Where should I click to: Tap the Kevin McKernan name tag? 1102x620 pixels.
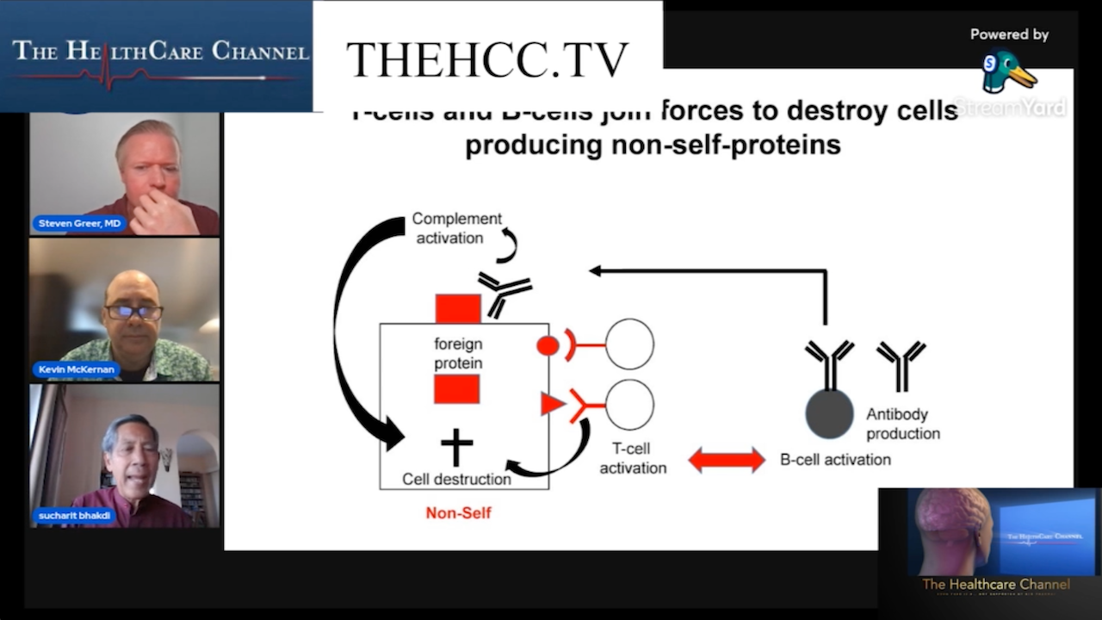[77, 369]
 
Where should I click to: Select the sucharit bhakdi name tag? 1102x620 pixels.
[77, 515]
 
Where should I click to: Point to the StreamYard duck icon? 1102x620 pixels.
[1007, 72]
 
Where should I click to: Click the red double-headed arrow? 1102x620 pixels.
[726, 460]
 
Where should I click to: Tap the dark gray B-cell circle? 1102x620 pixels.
[829, 414]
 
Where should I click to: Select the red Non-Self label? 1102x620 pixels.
[458, 513]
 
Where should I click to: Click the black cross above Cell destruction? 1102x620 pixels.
[456, 448]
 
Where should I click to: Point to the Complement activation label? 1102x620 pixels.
[455, 228]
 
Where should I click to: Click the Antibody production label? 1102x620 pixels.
[902, 424]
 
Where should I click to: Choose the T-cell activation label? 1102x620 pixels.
[633, 458]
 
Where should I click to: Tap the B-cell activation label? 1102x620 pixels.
[835, 460]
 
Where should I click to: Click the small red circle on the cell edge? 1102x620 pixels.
[548, 345]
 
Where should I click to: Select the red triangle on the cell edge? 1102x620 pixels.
[551, 404]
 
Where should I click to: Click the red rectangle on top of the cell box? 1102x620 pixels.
[457, 308]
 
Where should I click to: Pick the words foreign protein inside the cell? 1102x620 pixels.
[457, 354]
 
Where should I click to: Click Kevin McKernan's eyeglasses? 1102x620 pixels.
[133, 313]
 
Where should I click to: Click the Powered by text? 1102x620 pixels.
[1009, 34]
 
